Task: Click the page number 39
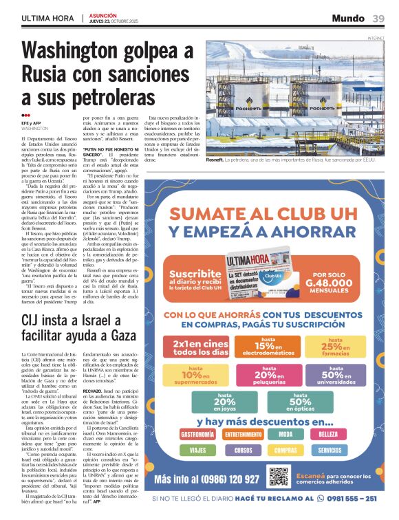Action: click(x=379, y=18)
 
